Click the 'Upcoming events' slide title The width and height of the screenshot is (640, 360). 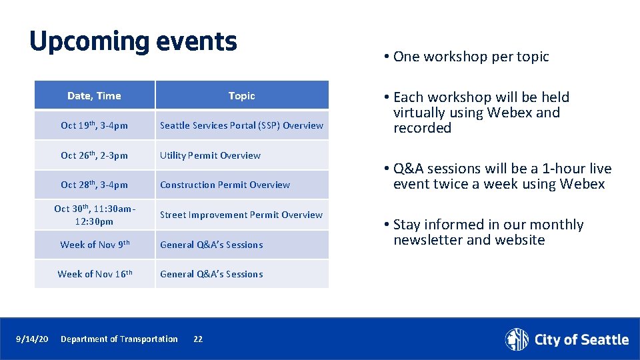pos(133,41)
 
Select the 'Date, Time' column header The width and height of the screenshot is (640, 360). pos(94,96)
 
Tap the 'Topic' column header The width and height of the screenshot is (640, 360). pos(241,96)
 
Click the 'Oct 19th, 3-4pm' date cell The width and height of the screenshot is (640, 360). pos(94,125)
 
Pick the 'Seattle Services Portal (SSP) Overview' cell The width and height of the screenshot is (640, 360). pos(241,125)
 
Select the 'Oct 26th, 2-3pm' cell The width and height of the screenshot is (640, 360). pos(94,155)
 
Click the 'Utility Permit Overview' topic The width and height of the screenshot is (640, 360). pos(210,155)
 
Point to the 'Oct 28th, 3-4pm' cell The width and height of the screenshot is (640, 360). pos(94,185)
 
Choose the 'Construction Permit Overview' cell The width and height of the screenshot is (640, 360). pos(225,185)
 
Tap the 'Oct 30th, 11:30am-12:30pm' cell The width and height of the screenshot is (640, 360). pos(94,215)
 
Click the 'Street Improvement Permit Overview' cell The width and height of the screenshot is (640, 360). pos(241,215)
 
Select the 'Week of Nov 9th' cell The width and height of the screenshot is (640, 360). pos(94,245)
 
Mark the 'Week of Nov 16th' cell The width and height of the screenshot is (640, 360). pos(94,274)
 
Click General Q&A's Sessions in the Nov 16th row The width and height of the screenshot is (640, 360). pos(211,274)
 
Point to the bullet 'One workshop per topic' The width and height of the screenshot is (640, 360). pos(471,57)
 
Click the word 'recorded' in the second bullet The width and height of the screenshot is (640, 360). pos(422,128)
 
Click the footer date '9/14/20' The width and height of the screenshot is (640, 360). pos(32,339)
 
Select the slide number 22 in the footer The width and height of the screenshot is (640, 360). pos(198,339)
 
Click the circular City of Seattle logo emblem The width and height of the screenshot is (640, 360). pos(517,339)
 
